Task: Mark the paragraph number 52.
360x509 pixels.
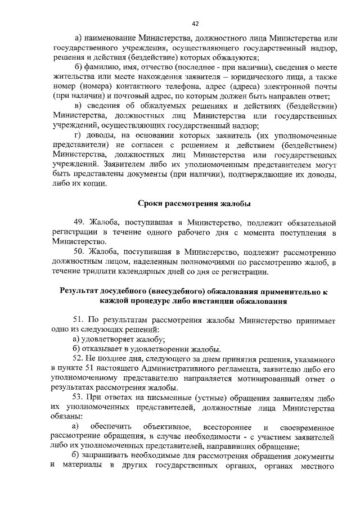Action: coord(79,358)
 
